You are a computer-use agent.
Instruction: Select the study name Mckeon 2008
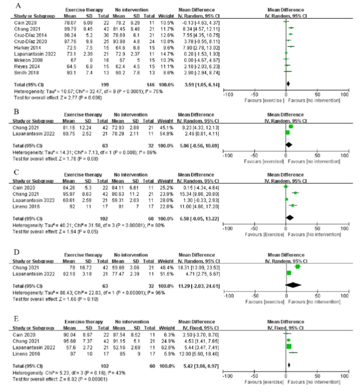point(26,58)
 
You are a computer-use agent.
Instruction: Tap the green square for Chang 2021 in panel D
point(298,266)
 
